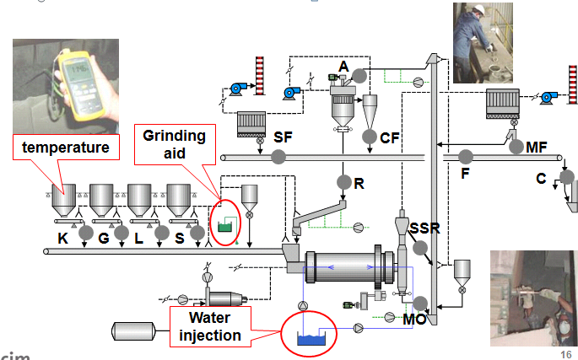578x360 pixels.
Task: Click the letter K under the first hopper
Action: [x=62, y=239]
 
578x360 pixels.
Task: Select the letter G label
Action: [x=104, y=239]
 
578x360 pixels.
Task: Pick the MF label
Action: [x=536, y=148]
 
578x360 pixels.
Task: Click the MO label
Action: [x=414, y=320]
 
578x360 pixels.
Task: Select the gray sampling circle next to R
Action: [x=343, y=181]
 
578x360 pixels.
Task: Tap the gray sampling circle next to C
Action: [x=566, y=177]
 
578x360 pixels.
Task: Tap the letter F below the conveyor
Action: [x=465, y=175]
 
